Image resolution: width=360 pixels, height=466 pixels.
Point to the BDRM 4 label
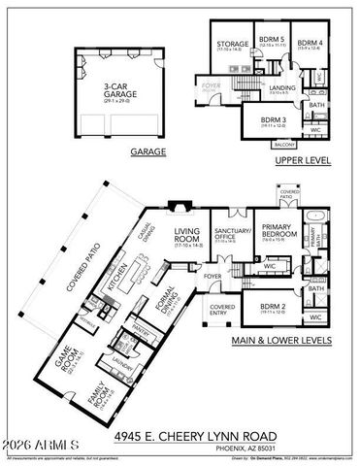tap(310, 43)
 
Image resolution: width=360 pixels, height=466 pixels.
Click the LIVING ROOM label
tap(186, 237)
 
